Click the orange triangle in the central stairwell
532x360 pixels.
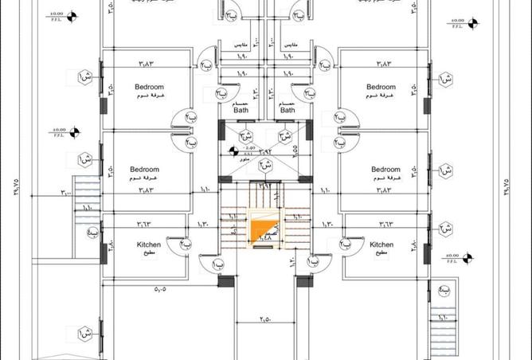(x=261, y=232)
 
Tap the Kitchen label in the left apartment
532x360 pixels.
(x=149, y=245)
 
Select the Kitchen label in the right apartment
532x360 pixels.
(x=381, y=245)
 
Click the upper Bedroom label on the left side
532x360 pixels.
(x=149, y=86)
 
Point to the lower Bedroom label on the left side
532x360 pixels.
(x=145, y=170)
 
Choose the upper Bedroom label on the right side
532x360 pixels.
(x=381, y=86)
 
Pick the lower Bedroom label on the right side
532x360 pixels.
(x=385, y=170)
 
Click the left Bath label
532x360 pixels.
(x=241, y=111)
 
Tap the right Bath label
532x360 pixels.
(x=288, y=111)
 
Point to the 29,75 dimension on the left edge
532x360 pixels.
(x=14, y=188)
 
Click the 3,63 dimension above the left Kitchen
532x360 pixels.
(x=144, y=225)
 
